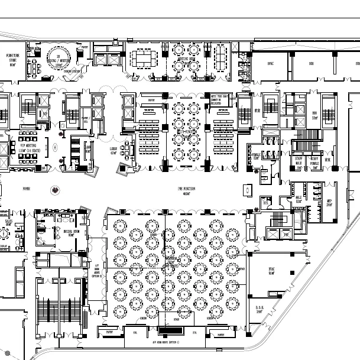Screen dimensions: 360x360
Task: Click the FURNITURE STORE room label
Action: [x=12, y=59]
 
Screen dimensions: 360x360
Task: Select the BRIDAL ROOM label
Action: [x=66, y=232]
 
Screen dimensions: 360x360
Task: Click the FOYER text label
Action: [x=26, y=189]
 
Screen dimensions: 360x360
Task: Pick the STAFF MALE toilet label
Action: [x=300, y=163]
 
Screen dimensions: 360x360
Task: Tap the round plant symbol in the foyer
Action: [x=55, y=190]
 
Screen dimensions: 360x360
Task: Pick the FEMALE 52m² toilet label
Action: [x=257, y=156]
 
